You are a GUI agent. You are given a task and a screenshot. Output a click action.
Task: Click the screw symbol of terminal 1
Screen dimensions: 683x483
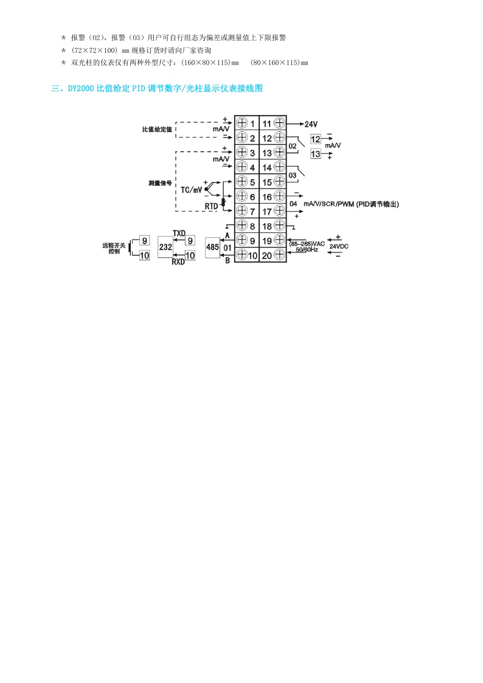pos(241,123)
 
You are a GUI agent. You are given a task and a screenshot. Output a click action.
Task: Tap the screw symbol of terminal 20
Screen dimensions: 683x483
pos(279,255)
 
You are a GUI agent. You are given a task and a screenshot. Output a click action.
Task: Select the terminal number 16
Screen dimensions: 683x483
pos(266,197)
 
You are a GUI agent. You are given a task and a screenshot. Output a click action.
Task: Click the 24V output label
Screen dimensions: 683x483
pos(313,123)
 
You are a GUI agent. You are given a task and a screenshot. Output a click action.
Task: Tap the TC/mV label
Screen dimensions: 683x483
pos(191,189)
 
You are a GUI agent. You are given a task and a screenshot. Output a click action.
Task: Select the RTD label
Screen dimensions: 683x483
pos(211,206)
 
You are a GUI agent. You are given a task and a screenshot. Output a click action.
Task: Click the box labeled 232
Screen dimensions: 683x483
pos(165,247)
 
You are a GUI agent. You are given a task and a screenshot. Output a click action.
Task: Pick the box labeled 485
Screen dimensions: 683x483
pos(212,247)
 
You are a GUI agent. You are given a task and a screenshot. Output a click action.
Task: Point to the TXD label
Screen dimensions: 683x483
pos(179,233)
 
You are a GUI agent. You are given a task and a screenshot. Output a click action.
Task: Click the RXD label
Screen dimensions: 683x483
pos(178,262)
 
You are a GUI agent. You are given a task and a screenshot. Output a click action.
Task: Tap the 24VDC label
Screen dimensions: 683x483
pos(339,246)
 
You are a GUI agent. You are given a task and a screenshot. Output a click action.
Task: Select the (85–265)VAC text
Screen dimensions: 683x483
pos(307,243)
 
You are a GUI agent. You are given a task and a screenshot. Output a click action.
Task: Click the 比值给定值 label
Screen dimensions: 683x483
pos(157,130)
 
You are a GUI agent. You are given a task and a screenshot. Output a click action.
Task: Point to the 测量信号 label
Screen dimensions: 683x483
pos(160,182)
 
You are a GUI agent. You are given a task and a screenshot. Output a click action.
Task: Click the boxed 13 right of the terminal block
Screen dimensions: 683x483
pos(315,154)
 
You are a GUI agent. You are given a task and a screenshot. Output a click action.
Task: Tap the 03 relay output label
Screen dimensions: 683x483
pos(293,175)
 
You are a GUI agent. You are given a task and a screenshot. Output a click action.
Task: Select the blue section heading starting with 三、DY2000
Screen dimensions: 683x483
pos(157,89)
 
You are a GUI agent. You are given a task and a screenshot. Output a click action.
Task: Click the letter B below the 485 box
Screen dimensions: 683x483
pos(227,261)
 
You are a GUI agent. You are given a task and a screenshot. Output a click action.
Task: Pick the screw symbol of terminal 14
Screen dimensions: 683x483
pos(279,167)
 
